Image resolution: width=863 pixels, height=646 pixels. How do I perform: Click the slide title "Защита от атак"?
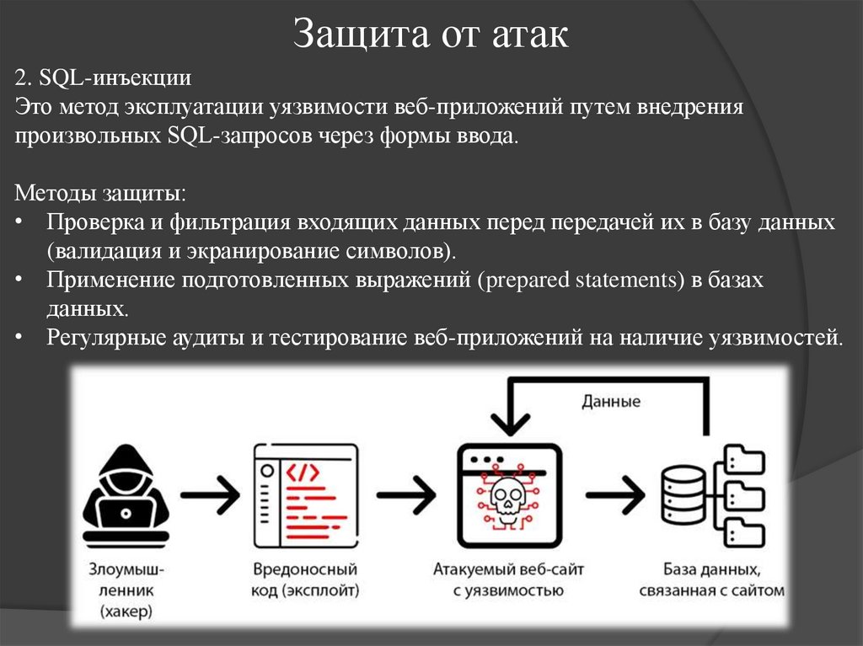[x=431, y=35]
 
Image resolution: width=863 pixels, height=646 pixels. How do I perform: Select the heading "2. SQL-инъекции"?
[x=104, y=79]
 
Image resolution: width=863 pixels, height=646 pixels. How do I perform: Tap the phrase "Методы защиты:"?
[x=101, y=193]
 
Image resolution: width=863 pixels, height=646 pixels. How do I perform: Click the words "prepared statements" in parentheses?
[x=582, y=280]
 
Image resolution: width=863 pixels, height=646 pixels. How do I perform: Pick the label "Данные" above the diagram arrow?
[x=611, y=401]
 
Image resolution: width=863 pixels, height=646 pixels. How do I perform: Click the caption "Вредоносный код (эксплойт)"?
[x=304, y=580]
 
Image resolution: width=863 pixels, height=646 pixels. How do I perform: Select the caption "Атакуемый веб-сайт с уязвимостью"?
[x=507, y=580]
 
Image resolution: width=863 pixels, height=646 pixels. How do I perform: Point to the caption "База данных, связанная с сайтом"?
[x=712, y=580]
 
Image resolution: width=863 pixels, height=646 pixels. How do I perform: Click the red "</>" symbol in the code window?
[x=304, y=472]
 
